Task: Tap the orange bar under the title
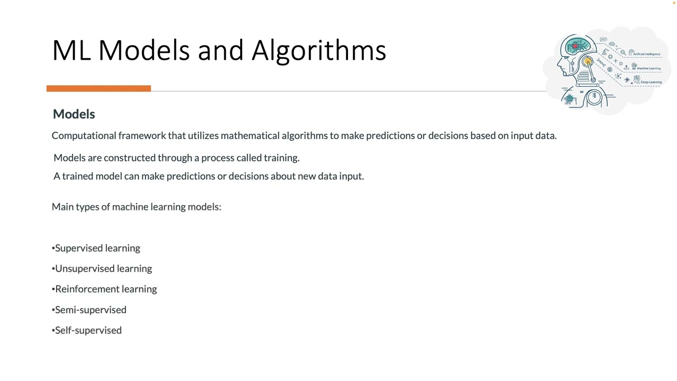click(98, 88)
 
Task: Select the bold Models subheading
click(74, 114)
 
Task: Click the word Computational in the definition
click(84, 135)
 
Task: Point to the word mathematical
click(250, 135)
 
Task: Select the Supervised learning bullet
click(97, 248)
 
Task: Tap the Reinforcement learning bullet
click(105, 289)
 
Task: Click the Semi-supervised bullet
click(90, 310)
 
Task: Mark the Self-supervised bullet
click(88, 330)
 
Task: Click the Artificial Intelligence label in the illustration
click(646, 54)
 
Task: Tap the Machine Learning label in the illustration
click(648, 68)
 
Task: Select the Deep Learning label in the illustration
click(651, 82)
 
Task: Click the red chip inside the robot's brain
click(575, 46)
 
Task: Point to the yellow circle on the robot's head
click(587, 62)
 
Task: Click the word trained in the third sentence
click(78, 176)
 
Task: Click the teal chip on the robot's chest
click(570, 99)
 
